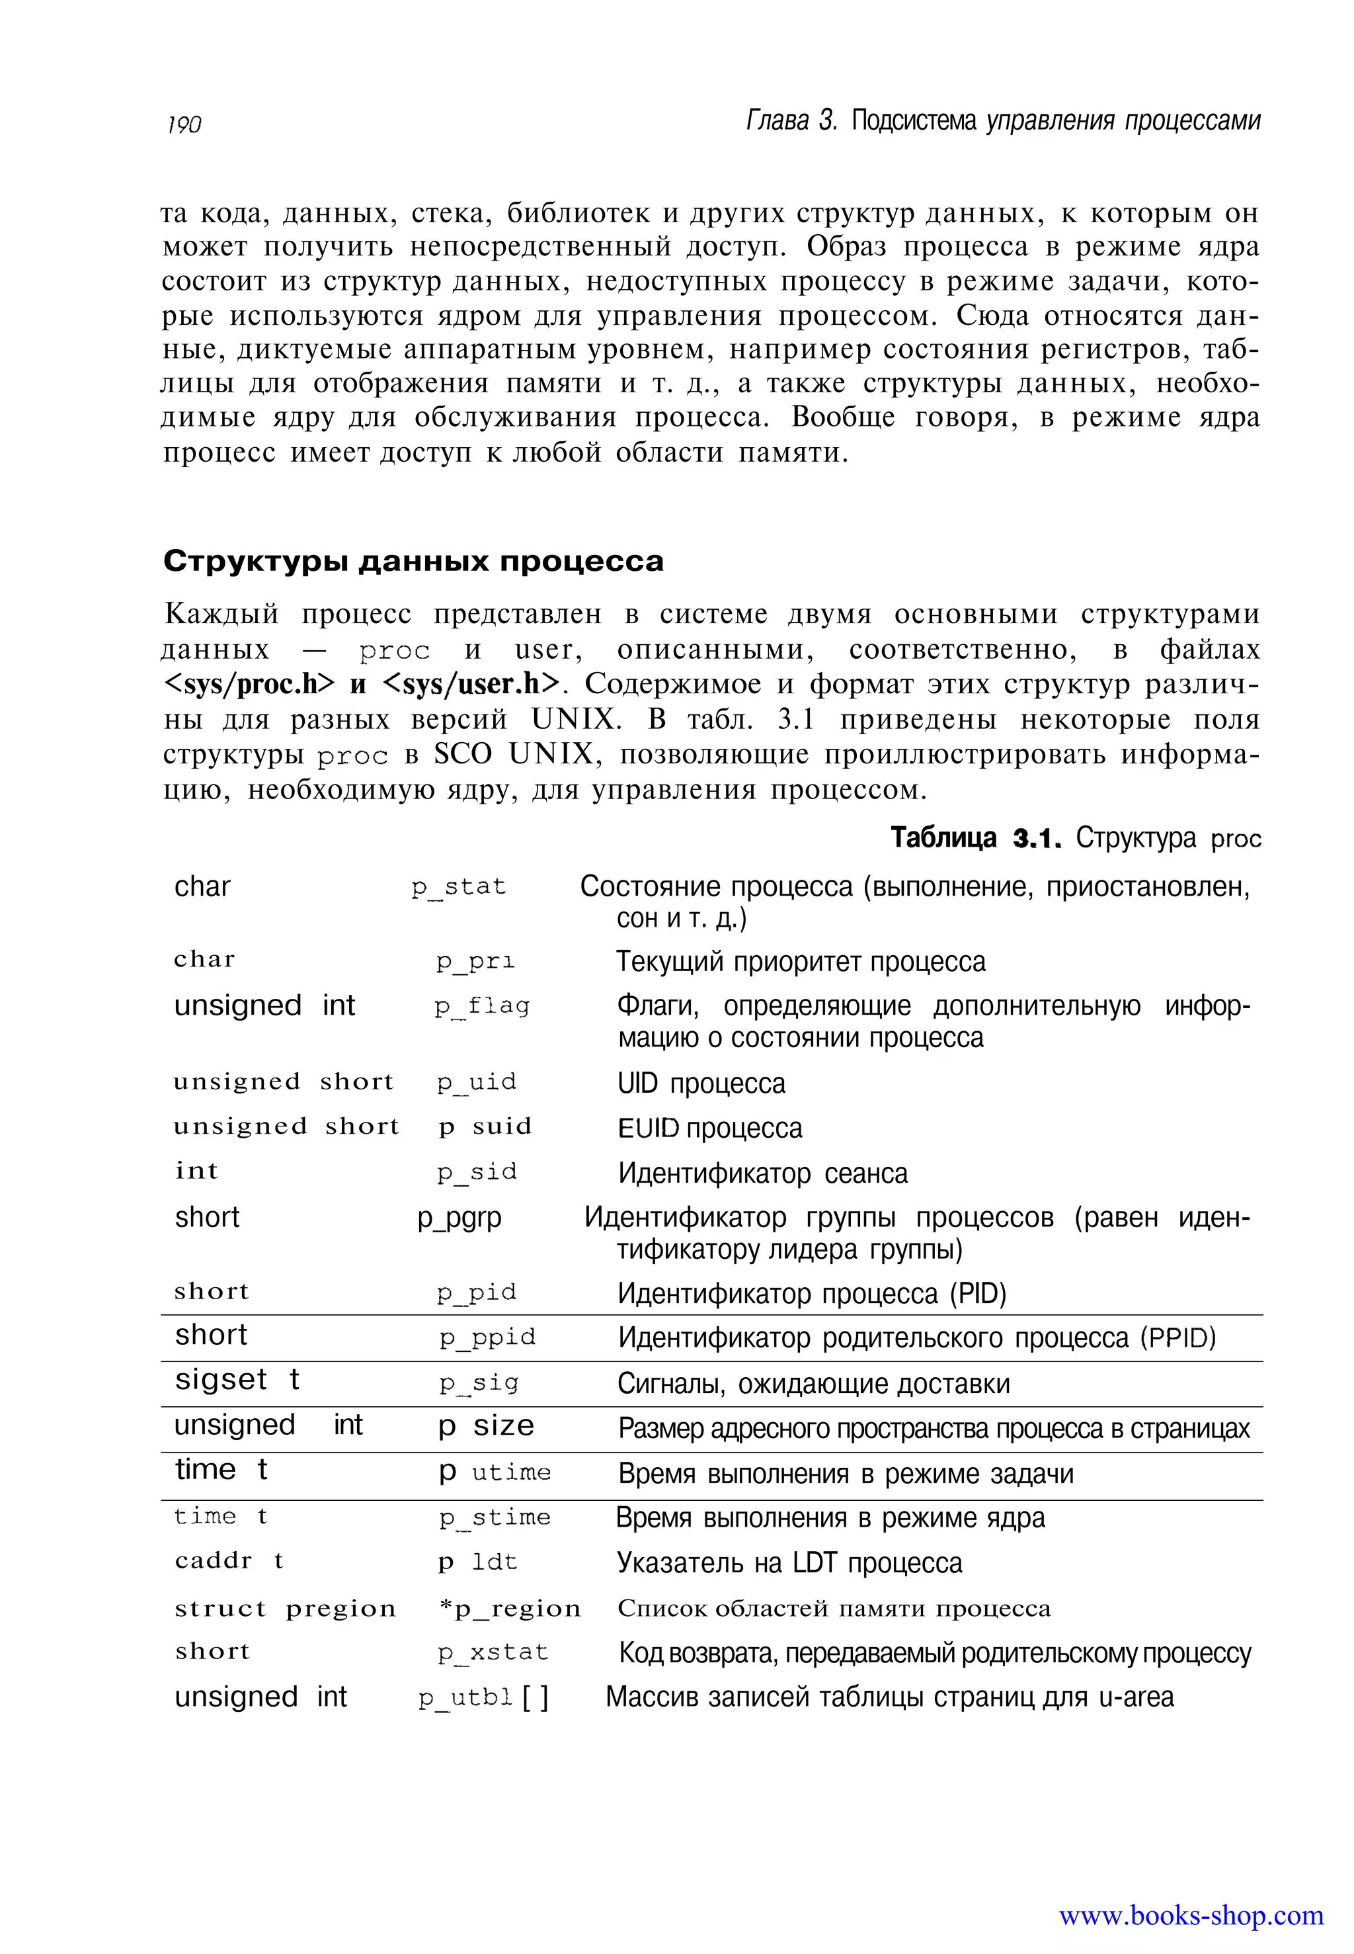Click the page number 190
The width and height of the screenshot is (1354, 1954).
point(184,125)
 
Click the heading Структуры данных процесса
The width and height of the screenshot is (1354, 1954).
point(413,561)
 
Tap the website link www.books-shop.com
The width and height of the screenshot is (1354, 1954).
point(1190,1915)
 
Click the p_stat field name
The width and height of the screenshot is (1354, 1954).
point(458,887)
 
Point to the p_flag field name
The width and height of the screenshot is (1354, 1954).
point(482,1006)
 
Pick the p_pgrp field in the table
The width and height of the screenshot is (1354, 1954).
point(459,1218)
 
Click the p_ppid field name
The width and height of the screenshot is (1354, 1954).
point(487,1338)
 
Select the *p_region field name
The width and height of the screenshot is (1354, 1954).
point(510,1609)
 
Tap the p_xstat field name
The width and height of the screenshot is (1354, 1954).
point(493,1652)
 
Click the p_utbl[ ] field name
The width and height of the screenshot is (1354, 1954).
point(483,1697)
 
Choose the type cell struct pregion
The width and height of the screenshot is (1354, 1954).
point(285,1609)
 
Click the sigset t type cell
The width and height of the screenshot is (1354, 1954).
point(237,1379)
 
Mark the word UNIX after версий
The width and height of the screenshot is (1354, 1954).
point(575,720)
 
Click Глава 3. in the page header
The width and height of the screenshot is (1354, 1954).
point(791,122)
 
